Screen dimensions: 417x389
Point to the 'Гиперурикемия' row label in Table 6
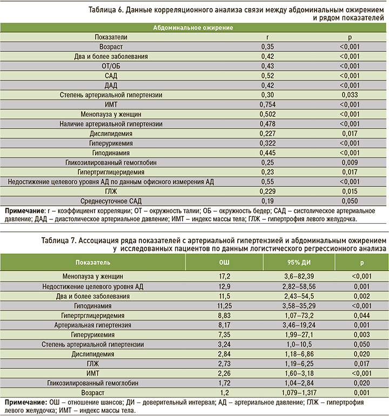(111, 143)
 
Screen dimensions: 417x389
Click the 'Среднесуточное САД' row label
(111, 201)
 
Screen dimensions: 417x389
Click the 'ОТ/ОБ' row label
(111, 66)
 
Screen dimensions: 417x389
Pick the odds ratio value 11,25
(224, 305)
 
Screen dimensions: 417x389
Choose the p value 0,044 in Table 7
(361, 315)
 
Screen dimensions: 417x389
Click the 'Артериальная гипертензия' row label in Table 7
(93, 325)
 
